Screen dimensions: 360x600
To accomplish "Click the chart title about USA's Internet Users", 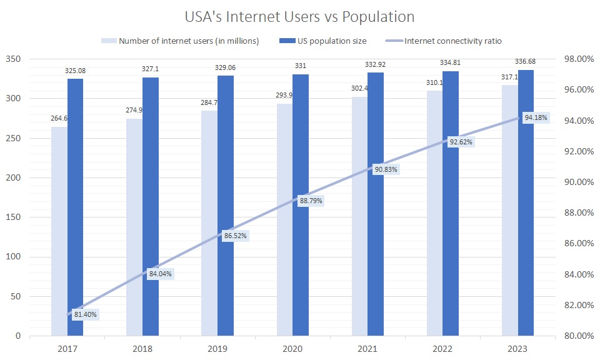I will coord(300,15).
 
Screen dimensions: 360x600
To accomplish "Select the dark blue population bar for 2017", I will coord(75,207).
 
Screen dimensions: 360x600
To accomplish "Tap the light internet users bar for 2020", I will coord(284,219).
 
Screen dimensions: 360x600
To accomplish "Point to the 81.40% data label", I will coord(85,314).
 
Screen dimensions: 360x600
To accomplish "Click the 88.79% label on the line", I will coord(311,201).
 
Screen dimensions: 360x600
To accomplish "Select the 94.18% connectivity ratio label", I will coord(536,117).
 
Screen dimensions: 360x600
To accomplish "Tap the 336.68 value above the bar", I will coord(526,61).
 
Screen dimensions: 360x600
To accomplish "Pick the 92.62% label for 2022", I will coord(461,142).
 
